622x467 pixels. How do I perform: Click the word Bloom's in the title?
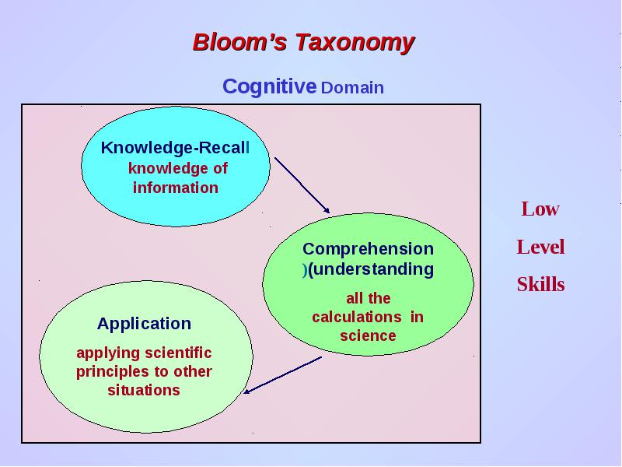pos(239,42)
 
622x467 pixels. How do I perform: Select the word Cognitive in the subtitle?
pos(269,86)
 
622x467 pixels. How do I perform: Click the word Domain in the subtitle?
pos(352,88)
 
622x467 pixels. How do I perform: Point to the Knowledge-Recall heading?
pos(176,148)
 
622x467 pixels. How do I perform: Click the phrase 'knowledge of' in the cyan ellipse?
pos(178,169)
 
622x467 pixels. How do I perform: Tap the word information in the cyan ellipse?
pos(176,188)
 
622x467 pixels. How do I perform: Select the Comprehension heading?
pos(368,250)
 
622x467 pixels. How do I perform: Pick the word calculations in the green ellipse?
pos(357,317)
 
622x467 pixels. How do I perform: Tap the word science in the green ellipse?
pos(368,336)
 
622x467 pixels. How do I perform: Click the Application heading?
pos(144,324)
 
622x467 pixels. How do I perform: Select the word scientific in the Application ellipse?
pos(178,353)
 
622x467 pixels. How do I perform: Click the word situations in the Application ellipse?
pos(144,390)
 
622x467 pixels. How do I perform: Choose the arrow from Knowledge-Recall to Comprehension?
pos(302,185)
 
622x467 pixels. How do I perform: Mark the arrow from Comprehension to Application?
pos(282,375)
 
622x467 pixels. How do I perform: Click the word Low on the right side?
pos(540,209)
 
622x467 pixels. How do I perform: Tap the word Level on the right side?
pos(540,247)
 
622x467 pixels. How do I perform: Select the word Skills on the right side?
pos(540,284)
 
